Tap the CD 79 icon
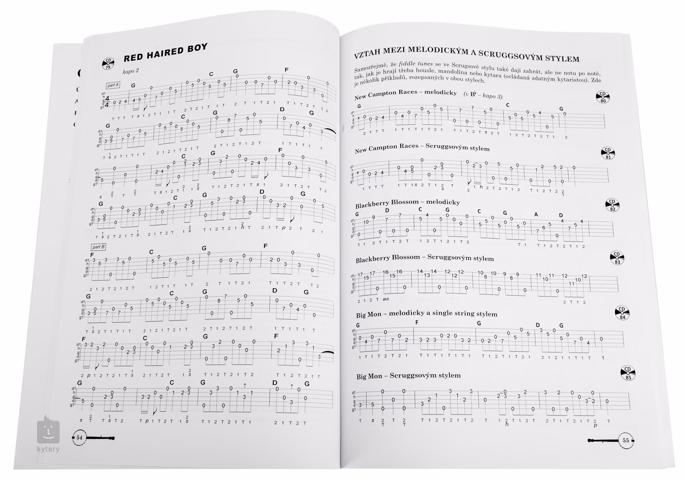(108, 63)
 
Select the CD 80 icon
(602, 97)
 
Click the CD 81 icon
(608, 153)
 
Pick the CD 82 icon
(612, 205)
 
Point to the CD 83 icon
(617, 258)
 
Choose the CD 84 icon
(622, 313)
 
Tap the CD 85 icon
(628, 373)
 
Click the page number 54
(79, 438)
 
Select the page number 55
(626, 441)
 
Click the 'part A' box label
(113, 85)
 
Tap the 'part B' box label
(98, 247)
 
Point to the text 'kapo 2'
(130, 71)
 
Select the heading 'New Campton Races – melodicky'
(405, 94)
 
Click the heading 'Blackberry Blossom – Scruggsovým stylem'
(425, 258)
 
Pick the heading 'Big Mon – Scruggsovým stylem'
(409, 376)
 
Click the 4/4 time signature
(107, 102)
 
